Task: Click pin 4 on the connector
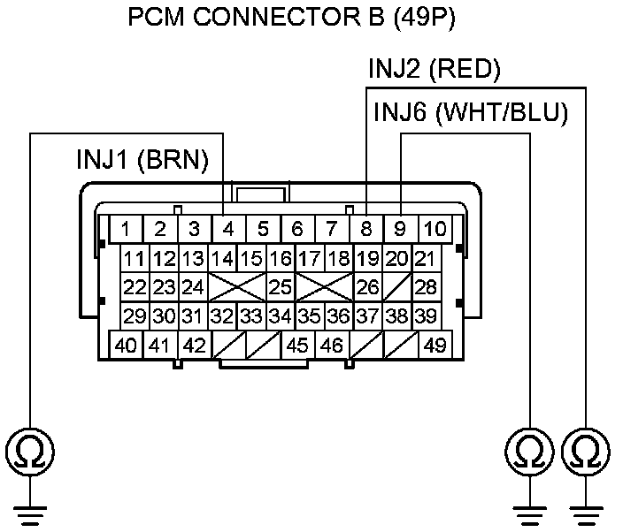pyautogui.click(x=228, y=229)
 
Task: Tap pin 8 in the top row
pyautogui.click(x=366, y=229)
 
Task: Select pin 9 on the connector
pyautogui.click(x=401, y=229)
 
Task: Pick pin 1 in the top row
pyautogui.click(x=126, y=229)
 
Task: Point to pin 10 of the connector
pyautogui.click(x=435, y=229)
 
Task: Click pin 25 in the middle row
pyautogui.click(x=281, y=287)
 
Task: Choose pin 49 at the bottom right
pyautogui.click(x=435, y=346)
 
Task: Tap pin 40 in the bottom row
pyautogui.click(x=126, y=346)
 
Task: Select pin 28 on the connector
pyautogui.click(x=426, y=287)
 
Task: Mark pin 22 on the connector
pyautogui.click(x=135, y=287)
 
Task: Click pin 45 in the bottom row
pyautogui.click(x=297, y=346)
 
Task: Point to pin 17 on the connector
pyautogui.click(x=310, y=259)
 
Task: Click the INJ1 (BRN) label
pyautogui.click(x=142, y=160)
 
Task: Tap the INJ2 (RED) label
pyautogui.click(x=435, y=69)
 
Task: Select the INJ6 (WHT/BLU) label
pyautogui.click(x=471, y=112)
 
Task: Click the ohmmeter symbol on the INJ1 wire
pyautogui.click(x=30, y=452)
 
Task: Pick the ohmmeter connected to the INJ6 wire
pyautogui.click(x=529, y=452)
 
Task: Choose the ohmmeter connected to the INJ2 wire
pyautogui.click(x=586, y=452)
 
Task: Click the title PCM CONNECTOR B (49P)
pyautogui.click(x=291, y=18)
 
